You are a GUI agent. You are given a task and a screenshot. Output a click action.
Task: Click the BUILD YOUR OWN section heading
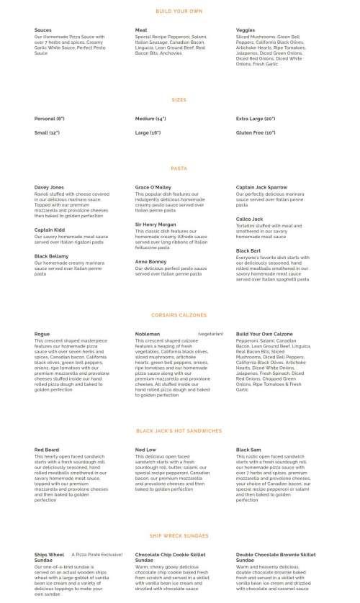(179, 11)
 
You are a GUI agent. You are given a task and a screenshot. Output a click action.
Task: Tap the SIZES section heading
(179, 99)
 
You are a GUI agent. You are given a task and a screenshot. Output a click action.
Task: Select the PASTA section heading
(179, 168)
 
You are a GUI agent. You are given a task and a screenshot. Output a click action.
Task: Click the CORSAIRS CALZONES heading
(179, 315)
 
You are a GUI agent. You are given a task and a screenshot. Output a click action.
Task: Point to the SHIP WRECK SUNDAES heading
(179, 535)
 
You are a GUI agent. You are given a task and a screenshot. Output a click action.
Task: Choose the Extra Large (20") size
(256, 119)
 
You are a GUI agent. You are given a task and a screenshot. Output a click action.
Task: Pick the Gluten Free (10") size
(256, 133)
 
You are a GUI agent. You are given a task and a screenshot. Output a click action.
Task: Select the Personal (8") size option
(50, 119)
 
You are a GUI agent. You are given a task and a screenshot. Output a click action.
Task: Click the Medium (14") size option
(150, 119)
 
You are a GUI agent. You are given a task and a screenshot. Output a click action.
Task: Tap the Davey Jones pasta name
(49, 187)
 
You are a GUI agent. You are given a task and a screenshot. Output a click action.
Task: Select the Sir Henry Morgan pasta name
(155, 225)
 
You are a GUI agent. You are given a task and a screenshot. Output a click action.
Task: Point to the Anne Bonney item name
(150, 261)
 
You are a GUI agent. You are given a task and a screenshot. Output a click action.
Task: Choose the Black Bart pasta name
(248, 250)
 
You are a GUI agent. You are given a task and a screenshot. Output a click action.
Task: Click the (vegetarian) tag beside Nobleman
(210, 334)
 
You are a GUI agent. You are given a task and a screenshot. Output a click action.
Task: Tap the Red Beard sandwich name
(46, 450)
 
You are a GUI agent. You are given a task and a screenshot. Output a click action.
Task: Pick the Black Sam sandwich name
(248, 450)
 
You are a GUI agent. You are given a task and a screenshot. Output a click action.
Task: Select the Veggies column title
(246, 30)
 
